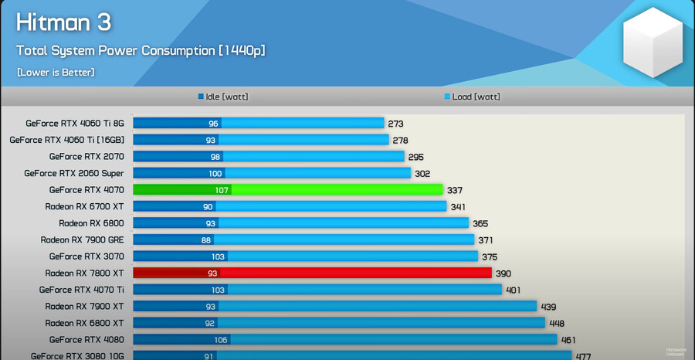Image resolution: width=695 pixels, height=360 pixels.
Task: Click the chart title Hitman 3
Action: tap(64, 22)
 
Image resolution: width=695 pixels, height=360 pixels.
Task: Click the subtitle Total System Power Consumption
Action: tap(141, 51)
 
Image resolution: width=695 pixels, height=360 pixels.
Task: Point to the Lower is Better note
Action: tap(56, 73)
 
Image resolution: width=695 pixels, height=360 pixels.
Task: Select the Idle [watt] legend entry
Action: tap(223, 97)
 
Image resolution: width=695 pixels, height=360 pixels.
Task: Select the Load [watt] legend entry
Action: tap(472, 97)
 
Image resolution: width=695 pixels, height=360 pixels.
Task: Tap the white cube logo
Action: tap(653, 42)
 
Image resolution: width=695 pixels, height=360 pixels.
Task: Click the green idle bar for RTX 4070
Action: tap(181, 190)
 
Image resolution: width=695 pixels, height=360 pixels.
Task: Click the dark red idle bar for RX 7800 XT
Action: tap(176, 273)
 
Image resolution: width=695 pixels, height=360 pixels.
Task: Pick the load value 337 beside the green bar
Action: tap(455, 190)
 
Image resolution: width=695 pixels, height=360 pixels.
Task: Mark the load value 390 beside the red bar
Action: tap(503, 273)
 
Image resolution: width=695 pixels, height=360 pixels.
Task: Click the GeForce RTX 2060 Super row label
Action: tap(74, 174)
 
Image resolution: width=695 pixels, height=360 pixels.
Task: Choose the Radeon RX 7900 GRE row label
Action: tap(82, 240)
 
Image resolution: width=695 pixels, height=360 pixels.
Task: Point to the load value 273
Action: tap(396, 124)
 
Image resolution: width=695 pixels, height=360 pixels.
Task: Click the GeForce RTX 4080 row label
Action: tap(86, 340)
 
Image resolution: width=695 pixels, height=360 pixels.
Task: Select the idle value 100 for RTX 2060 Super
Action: tap(215, 174)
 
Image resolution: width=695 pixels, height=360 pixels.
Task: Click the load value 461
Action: tap(568, 340)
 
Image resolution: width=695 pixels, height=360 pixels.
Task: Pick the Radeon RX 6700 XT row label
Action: tap(84, 207)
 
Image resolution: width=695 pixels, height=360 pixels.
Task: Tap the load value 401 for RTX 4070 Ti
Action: tap(513, 290)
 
